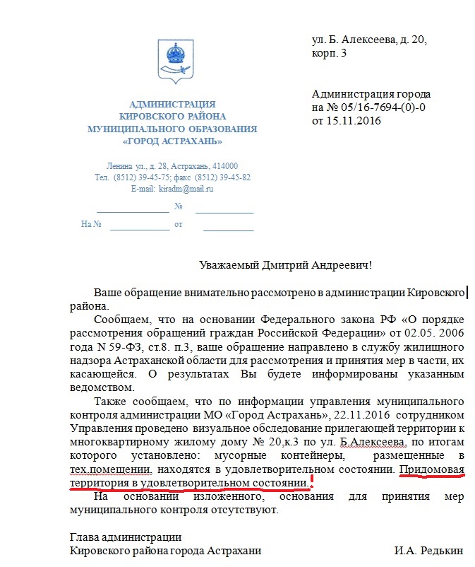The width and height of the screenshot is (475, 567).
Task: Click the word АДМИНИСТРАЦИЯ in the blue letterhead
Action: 172,105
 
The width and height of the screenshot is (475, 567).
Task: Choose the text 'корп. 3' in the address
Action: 330,53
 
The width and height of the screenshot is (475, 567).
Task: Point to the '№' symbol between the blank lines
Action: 179,206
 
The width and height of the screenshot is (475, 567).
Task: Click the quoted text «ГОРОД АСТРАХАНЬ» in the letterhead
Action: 172,141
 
